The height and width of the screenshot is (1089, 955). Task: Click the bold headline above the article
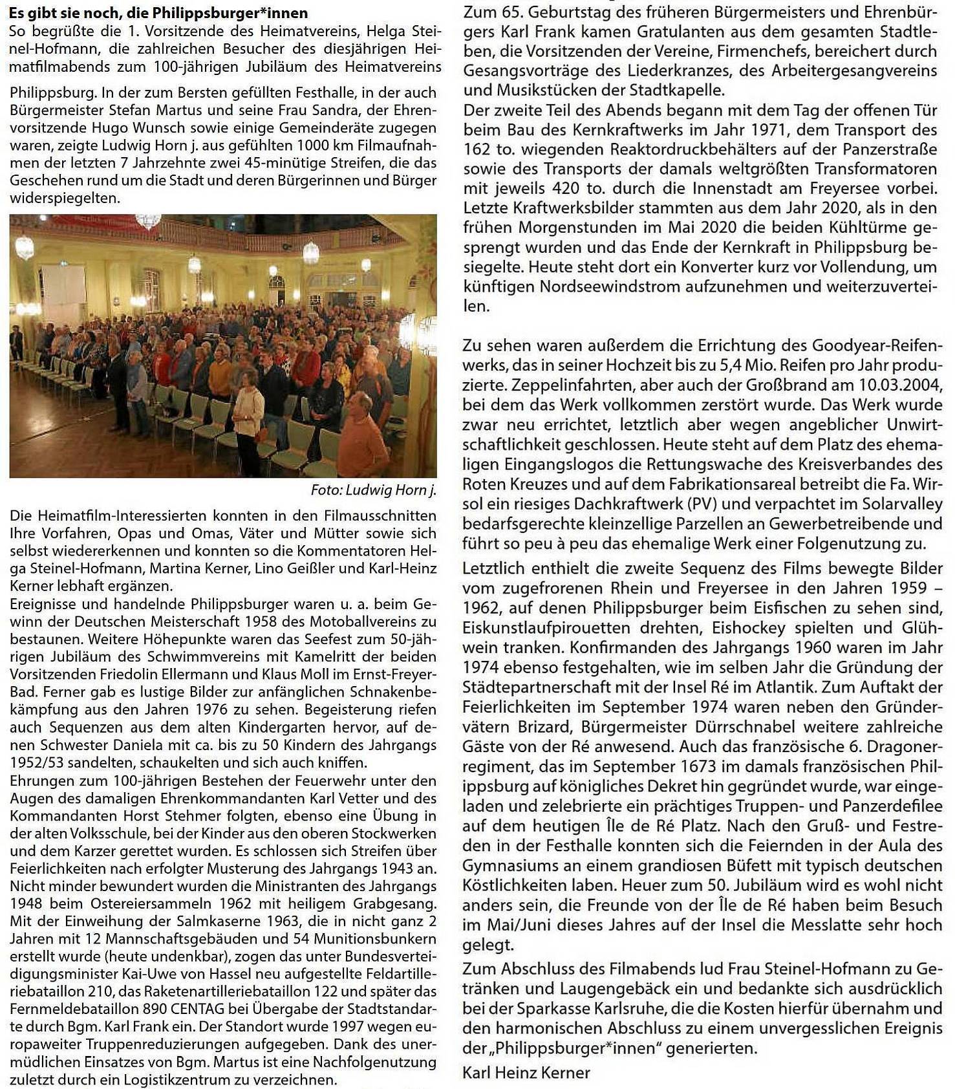click(x=158, y=13)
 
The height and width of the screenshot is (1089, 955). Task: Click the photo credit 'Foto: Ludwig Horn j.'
click(x=373, y=490)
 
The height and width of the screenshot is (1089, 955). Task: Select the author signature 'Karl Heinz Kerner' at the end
click(x=526, y=1073)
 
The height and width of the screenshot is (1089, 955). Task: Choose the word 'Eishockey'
click(x=744, y=628)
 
